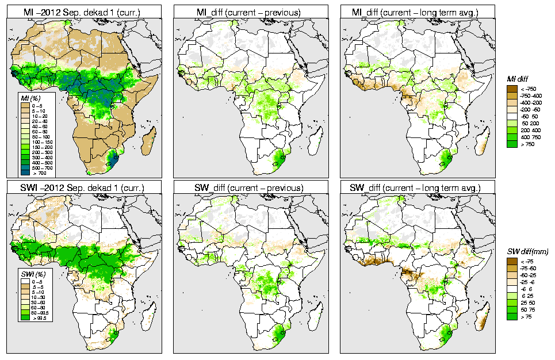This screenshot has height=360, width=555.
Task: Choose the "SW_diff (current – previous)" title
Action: pos(255,187)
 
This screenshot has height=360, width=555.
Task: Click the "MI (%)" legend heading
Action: pos(30,99)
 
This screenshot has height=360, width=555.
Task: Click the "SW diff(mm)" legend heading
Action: pos(528,252)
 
